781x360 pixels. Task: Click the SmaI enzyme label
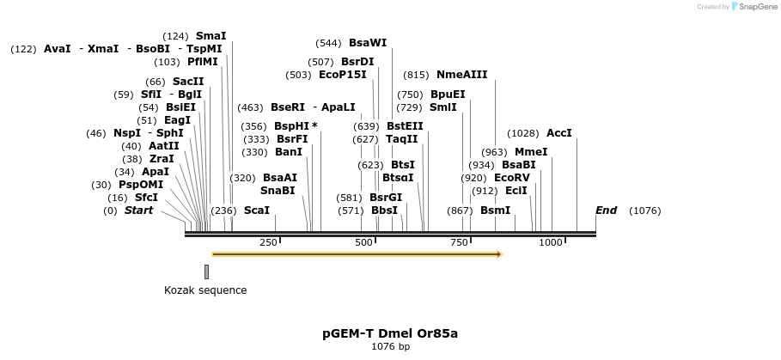click(211, 36)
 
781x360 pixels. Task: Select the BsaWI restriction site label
click(368, 43)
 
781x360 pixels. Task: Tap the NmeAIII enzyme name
click(461, 75)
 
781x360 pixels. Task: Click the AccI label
click(558, 133)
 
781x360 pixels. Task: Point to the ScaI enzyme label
click(256, 211)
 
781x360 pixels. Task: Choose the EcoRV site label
click(511, 178)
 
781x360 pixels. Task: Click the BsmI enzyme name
click(495, 211)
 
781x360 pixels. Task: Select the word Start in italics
click(138, 211)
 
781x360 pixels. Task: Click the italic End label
click(606, 211)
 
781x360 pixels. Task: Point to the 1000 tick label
click(550, 243)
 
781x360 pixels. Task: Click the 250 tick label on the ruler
click(268, 243)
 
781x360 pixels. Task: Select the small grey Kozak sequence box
click(206, 272)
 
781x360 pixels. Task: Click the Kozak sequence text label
click(205, 290)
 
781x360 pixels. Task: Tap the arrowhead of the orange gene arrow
click(497, 254)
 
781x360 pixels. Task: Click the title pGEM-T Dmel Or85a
click(390, 333)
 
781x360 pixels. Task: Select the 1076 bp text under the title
click(390, 346)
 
